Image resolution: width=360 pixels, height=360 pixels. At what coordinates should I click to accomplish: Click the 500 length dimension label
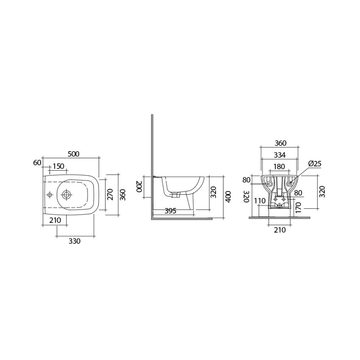(x=74, y=154)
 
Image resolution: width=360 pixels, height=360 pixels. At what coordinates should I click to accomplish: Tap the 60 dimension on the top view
(x=37, y=163)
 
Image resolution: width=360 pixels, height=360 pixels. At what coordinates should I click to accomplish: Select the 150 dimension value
(x=58, y=166)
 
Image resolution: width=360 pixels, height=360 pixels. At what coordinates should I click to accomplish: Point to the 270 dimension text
(x=111, y=194)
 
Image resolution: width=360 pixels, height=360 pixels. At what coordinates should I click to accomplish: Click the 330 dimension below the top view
(x=75, y=241)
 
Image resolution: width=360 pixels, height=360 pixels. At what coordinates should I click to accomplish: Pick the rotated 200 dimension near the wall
(x=138, y=187)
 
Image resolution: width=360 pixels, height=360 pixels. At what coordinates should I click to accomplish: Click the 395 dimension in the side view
(x=170, y=210)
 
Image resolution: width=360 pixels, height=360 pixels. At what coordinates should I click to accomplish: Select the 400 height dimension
(x=228, y=197)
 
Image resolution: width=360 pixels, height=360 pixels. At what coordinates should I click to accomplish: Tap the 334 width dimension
(x=280, y=155)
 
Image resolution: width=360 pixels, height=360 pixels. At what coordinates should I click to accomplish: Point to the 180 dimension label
(x=279, y=166)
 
